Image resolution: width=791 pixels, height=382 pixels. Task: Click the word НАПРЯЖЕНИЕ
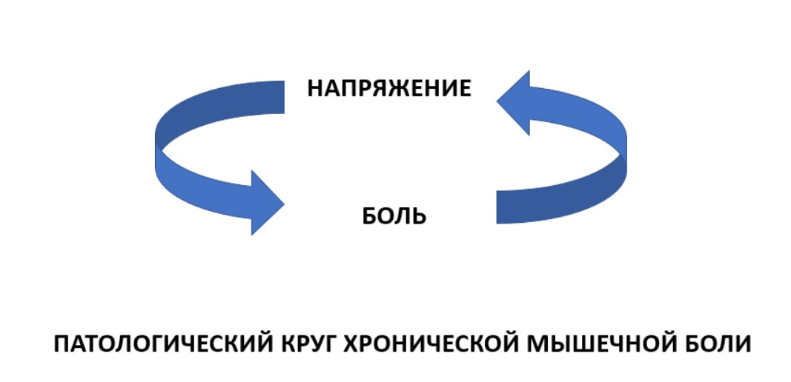click(x=389, y=89)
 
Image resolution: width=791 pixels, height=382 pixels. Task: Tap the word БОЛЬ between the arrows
click(x=394, y=217)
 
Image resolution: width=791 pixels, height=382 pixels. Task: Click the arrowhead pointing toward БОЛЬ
click(x=264, y=202)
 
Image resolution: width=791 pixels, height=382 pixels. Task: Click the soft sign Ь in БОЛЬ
click(x=419, y=217)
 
